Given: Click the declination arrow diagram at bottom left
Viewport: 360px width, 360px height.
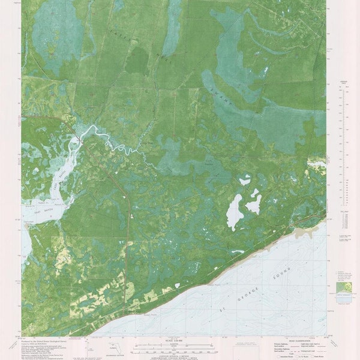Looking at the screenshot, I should click(90, 348).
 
